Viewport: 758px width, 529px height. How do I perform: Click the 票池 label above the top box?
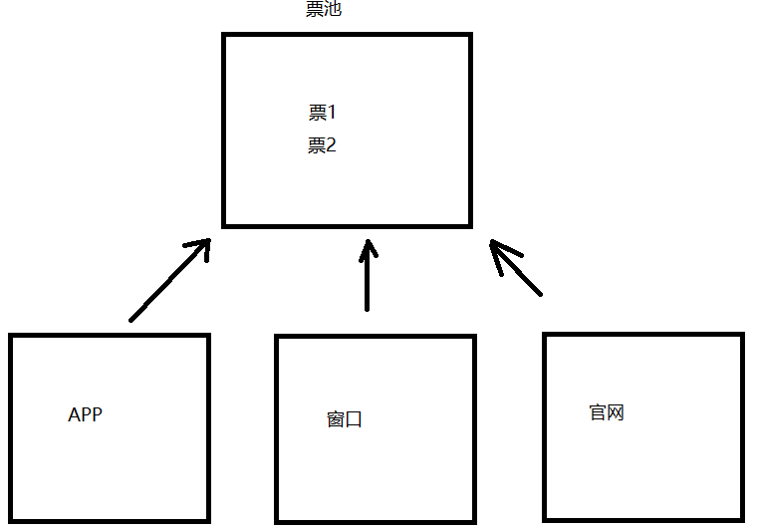pyautogui.click(x=324, y=9)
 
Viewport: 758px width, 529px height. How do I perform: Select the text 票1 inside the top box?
pyautogui.click(x=322, y=113)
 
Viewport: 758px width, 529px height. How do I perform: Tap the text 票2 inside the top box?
pyautogui.click(x=322, y=145)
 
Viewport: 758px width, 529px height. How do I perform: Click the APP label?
pyautogui.click(x=85, y=415)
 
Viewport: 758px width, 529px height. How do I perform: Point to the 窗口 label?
pyautogui.click(x=345, y=418)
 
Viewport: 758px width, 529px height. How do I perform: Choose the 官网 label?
pyautogui.click(x=607, y=412)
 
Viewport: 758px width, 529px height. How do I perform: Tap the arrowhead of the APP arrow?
pyautogui.click(x=203, y=246)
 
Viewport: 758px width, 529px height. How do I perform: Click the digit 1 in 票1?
pyautogui.click(x=332, y=113)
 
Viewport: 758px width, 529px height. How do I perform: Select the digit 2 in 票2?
pyautogui.click(x=331, y=145)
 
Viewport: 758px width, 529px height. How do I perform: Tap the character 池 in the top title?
pyautogui.click(x=334, y=9)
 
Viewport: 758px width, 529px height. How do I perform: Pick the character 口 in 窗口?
pyautogui.click(x=354, y=419)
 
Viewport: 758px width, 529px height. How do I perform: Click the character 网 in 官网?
pyautogui.click(x=616, y=412)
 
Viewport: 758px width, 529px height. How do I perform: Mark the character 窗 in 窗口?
pyautogui.click(x=336, y=418)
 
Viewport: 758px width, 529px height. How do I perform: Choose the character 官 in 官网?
pyautogui.click(x=598, y=412)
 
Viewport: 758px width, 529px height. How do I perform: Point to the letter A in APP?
pyautogui.click(x=74, y=415)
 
